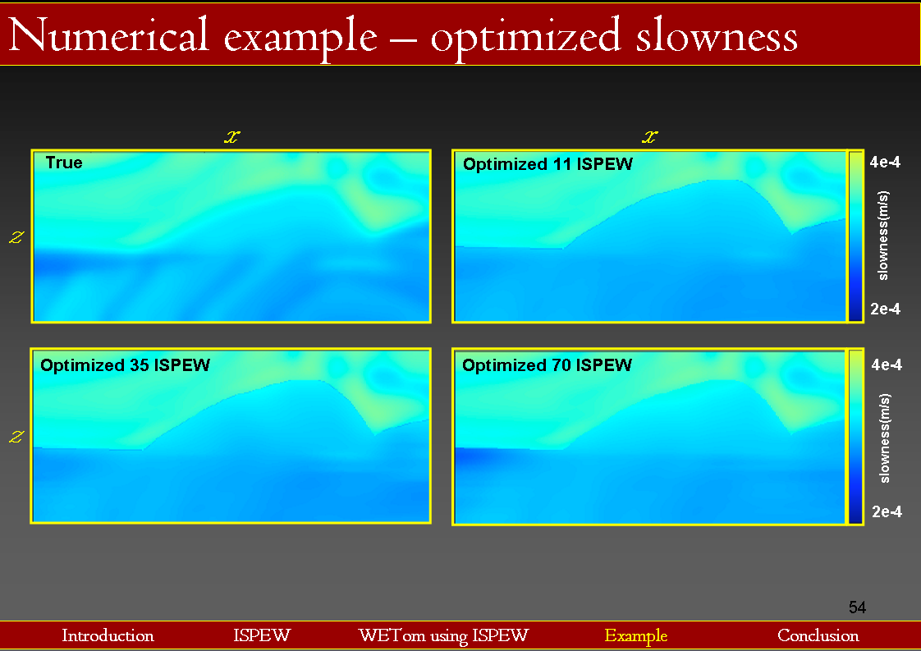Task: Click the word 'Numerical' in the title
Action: click(x=109, y=35)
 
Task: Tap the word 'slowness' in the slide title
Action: click(x=717, y=35)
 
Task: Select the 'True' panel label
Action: click(x=64, y=163)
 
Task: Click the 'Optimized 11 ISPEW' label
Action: click(x=548, y=164)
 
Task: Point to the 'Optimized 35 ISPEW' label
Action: click(x=125, y=364)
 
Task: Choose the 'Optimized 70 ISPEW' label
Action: click(x=547, y=364)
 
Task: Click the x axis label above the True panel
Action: click(x=232, y=137)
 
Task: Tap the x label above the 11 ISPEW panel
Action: click(x=649, y=137)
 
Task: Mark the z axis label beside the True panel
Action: click(x=16, y=236)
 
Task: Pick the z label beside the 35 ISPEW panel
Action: click(x=16, y=437)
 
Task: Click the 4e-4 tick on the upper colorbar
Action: click(x=885, y=162)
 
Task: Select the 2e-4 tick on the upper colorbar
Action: click(x=885, y=309)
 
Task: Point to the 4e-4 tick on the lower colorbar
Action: click(x=887, y=364)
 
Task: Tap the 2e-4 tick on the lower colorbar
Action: click(x=887, y=511)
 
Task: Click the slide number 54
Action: click(x=857, y=607)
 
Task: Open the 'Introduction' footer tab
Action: click(x=108, y=635)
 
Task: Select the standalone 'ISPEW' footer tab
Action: click(x=262, y=635)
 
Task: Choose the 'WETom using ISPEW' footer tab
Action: click(x=443, y=635)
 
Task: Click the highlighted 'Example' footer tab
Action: click(x=636, y=635)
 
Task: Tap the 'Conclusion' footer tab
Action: click(x=818, y=635)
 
